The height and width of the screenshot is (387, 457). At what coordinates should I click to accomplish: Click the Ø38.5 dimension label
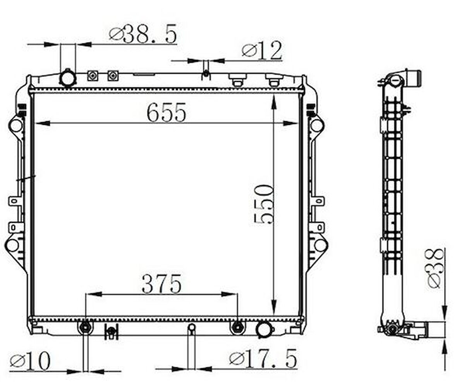pos(143,34)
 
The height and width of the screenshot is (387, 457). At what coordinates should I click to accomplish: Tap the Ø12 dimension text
pos(262,50)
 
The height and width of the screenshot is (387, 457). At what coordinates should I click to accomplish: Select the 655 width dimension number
pos(166,112)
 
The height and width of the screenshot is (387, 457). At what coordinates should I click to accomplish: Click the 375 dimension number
pos(161,284)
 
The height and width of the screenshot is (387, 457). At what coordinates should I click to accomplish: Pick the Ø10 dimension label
pos(30,361)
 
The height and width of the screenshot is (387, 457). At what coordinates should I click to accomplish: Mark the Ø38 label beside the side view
pos(436,268)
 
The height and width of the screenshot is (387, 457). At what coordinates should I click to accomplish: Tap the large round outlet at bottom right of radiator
pos(264,330)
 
